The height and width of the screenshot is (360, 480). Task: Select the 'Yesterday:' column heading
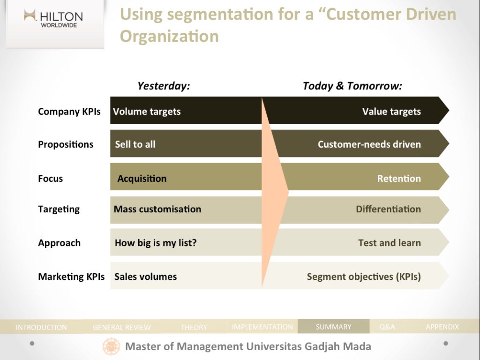tap(164, 86)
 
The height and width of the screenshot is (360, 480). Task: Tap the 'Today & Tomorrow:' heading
tap(352, 86)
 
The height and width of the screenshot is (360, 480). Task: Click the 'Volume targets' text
tap(147, 112)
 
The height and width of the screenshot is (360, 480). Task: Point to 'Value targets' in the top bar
tap(391, 112)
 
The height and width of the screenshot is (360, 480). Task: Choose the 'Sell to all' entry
tap(135, 144)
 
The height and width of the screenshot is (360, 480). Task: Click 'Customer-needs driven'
tap(369, 144)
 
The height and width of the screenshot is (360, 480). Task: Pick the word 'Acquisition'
tap(142, 179)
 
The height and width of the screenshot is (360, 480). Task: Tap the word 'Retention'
tap(399, 179)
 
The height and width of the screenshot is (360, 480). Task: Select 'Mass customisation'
tap(157, 209)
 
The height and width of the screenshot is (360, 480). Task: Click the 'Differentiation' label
tap(388, 209)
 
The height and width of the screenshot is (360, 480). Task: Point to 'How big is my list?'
tap(156, 243)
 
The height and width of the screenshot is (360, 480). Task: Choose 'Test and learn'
tap(390, 243)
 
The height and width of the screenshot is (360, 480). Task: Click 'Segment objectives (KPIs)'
tap(364, 277)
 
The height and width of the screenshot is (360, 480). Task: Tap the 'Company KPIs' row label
tap(69, 112)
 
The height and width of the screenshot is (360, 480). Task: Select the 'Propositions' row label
tap(66, 144)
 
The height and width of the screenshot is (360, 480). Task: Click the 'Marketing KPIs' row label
tap(71, 277)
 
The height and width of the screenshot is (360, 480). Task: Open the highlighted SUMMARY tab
tap(333, 327)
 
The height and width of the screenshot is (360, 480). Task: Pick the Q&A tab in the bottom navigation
tap(387, 327)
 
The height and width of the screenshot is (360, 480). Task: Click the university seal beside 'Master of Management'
tap(112, 347)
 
